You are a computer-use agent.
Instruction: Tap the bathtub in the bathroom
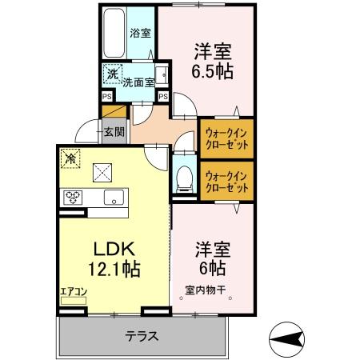coord(114,32)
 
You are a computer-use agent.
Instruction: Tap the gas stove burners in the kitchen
coord(74,198)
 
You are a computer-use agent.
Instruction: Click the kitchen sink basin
coord(112,198)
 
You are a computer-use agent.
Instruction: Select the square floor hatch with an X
coord(102,171)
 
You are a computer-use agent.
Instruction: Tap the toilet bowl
coord(182,178)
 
